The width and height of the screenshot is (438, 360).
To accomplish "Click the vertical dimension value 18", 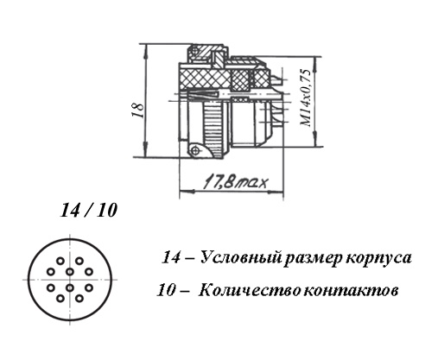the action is click(x=138, y=110).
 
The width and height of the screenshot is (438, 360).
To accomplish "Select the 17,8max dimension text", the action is click(x=236, y=182).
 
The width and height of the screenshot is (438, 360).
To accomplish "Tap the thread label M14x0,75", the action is click(x=306, y=98).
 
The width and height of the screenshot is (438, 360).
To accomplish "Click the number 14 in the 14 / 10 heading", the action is click(x=69, y=211).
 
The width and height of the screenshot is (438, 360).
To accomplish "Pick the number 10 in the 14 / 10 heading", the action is click(x=107, y=211).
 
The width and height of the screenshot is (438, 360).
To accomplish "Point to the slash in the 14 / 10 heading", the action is click(x=88, y=211).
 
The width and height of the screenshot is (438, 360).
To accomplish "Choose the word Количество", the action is click(x=249, y=290).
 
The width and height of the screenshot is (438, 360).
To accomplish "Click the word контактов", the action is click(x=351, y=291).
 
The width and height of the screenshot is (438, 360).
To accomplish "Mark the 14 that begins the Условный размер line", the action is click(x=171, y=257).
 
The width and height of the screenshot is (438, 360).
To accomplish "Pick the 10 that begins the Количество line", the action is click(x=166, y=290).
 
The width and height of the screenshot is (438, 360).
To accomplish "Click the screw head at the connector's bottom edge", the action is click(x=195, y=150).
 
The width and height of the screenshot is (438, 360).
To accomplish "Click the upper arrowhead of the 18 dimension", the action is click(x=146, y=50).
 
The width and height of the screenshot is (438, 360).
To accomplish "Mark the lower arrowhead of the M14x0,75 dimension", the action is click(x=316, y=139).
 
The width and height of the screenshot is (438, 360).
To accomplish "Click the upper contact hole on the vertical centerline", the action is click(x=70, y=271).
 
